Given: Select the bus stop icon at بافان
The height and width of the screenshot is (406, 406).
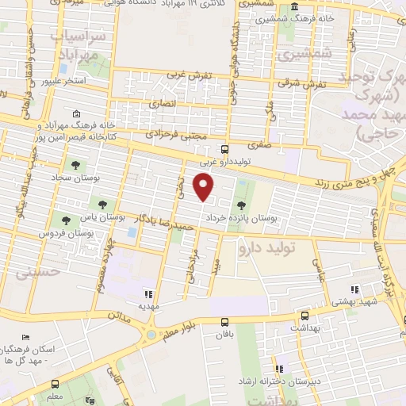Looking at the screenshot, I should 225,322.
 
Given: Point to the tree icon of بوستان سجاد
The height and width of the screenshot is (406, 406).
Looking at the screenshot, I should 75,166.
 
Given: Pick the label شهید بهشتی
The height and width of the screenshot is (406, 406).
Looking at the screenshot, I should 377,303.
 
